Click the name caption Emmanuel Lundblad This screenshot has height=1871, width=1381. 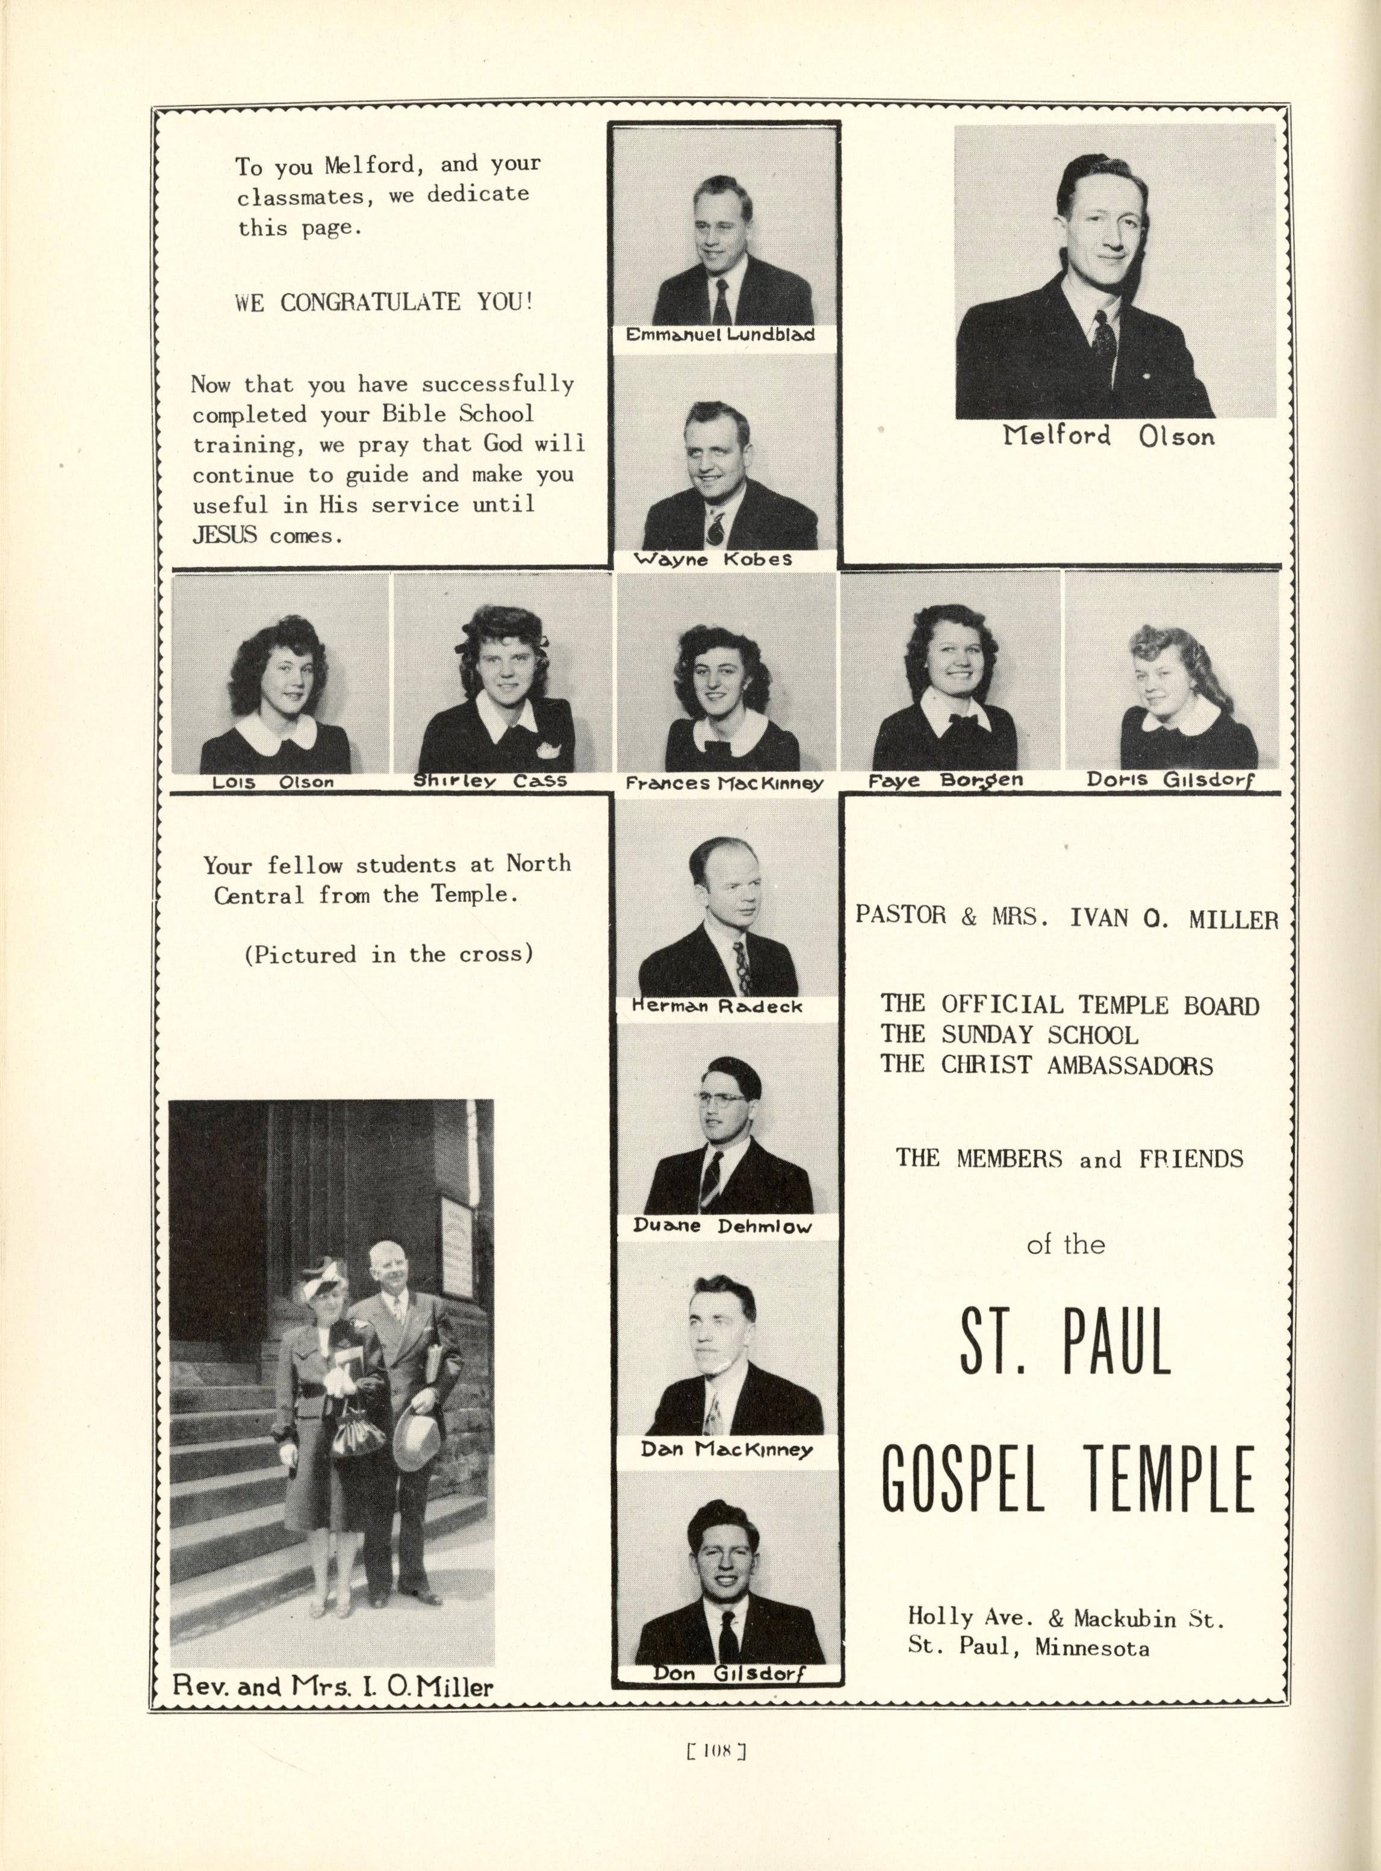click(x=720, y=335)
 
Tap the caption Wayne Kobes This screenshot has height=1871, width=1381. click(x=713, y=559)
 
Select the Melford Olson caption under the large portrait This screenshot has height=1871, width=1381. click(x=1108, y=436)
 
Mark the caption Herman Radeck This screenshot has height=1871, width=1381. click(x=716, y=1007)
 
